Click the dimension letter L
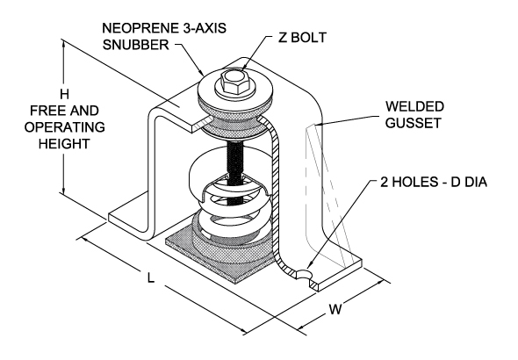(x=151, y=279)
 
